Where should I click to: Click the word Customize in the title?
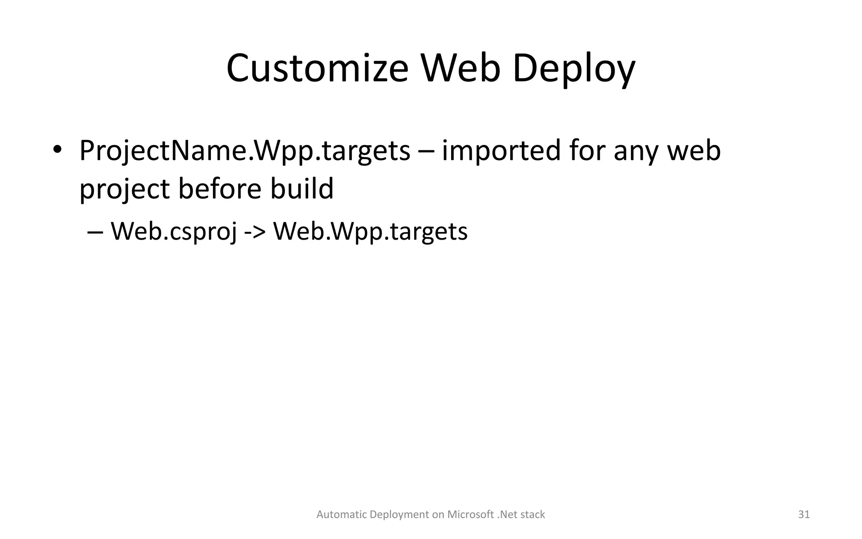coord(317,69)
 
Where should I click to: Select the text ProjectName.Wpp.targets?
coord(245,151)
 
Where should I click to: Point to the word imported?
coord(501,151)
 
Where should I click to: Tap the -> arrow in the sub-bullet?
coord(255,232)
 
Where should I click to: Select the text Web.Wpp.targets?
coord(370,232)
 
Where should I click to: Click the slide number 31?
coord(804,515)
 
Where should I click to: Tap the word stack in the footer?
coord(532,515)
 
